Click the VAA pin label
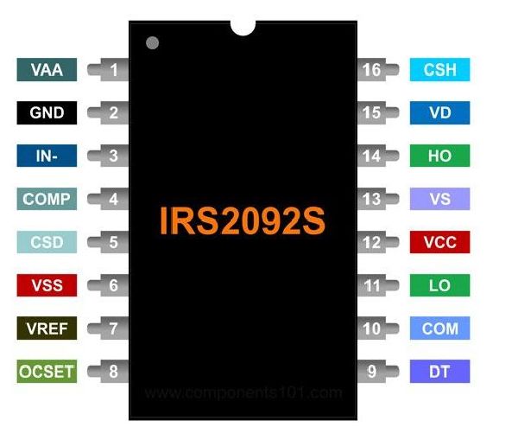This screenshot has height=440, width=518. click(x=47, y=70)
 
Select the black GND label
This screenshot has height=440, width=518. click(x=47, y=113)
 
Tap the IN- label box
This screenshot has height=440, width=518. click(x=47, y=156)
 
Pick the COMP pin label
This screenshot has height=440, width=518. click(x=47, y=199)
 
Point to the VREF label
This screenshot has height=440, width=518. click(x=47, y=328)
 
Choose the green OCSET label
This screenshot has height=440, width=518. click(x=47, y=372)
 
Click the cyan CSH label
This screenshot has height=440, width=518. click(x=439, y=70)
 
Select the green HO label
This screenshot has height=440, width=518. click(x=439, y=156)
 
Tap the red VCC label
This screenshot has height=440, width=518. click(x=439, y=242)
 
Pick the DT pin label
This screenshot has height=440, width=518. click(x=439, y=372)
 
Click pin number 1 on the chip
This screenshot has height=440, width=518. click(x=113, y=70)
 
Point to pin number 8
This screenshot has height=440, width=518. click(x=113, y=372)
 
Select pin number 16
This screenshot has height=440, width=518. click(x=372, y=70)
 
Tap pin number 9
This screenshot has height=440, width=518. click(x=372, y=372)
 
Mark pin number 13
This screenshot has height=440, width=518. click(x=372, y=200)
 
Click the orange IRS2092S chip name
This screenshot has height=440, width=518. click(x=242, y=221)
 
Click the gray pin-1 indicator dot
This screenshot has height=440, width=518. click(x=153, y=42)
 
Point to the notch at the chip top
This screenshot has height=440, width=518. click(x=243, y=27)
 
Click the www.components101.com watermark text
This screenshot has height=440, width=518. click(x=243, y=393)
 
